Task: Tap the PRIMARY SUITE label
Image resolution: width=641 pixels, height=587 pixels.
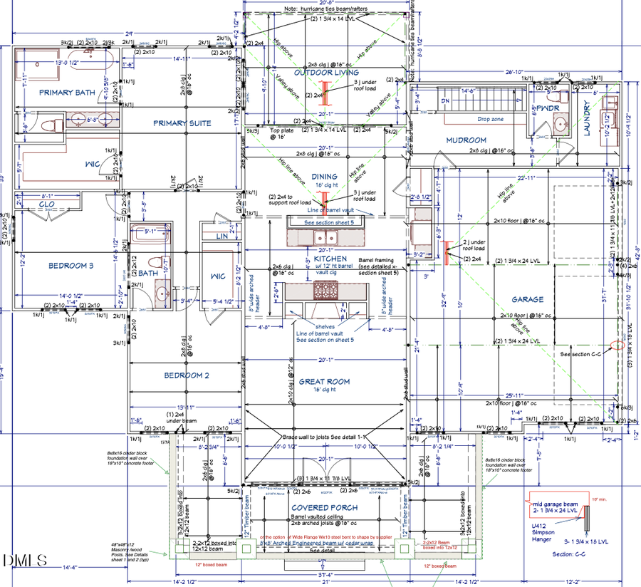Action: (x=182, y=123)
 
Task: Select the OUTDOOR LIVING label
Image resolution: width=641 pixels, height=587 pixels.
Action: (x=327, y=73)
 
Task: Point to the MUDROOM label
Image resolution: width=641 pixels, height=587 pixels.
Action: (x=466, y=140)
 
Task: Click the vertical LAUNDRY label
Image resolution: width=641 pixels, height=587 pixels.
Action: (x=588, y=119)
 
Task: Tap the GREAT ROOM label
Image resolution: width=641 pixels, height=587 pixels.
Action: (x=324, y=382)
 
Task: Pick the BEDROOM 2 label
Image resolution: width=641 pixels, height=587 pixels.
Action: (x=187, y=375)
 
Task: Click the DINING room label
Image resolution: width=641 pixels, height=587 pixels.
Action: (x=324, y=177)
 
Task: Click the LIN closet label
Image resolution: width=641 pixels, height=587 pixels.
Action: (x=222, y=236)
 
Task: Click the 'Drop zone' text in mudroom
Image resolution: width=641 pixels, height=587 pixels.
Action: (x=491, y=119)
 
